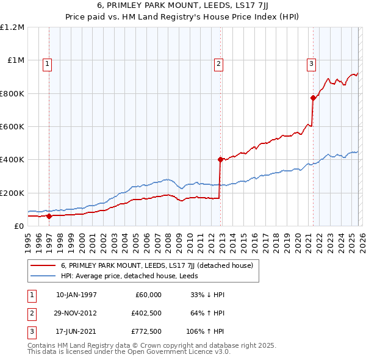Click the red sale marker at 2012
[x=220, y=159]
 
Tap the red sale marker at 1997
[x=49, y=216]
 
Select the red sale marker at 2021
[x=313, y=98]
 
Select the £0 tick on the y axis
[x=19, y=226]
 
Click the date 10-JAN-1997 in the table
[x=76, y=295]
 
